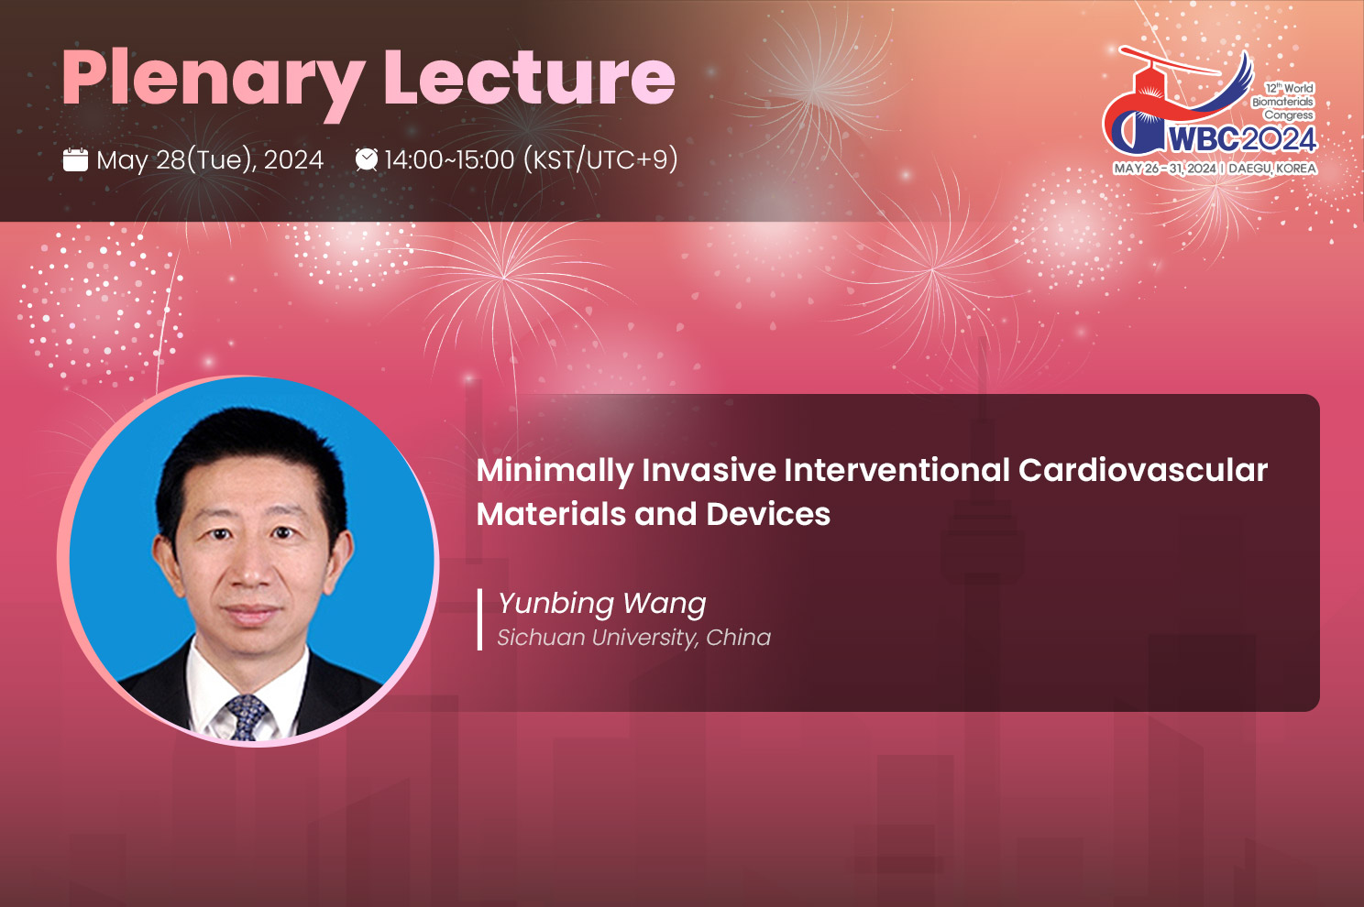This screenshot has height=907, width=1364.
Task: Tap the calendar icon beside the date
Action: pyautogui.click(x=75, y=160)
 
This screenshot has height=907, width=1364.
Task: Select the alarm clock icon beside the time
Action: pyautogui.click(x=367, y=159)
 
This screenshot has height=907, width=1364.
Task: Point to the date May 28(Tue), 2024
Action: pyautogui.click(x=210, y=160)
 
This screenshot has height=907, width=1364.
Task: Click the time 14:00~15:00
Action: pyautogui.click(x=450, y=160)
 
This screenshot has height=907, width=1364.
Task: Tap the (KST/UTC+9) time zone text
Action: pyautogui.click(x=600, y=160)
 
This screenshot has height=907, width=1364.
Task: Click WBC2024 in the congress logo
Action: pyautogui.click(x=1242, y=139)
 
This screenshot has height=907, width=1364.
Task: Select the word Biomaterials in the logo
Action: pyautogui.click(x=1282, y=102)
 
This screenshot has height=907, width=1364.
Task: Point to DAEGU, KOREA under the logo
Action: pyautogui.click(x=1272, y=169)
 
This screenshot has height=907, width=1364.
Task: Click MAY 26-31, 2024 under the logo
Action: pyautogui.click(x=1165, y=169)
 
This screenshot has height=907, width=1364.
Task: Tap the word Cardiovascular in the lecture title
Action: pyautogui.click(x=1143, y=471)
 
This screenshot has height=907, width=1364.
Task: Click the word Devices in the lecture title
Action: pyautogui.click(x=768, y=514)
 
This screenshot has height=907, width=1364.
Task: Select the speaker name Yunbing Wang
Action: pyautogui.click(x=602, y=605)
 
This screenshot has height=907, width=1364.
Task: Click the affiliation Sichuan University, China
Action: pyautogui.click(x=634, y=638)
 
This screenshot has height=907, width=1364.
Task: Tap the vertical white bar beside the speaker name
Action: pyautogui.click(x=479, y=619)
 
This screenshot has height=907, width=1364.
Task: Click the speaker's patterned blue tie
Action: pyautogui.click(x=247, y=717)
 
